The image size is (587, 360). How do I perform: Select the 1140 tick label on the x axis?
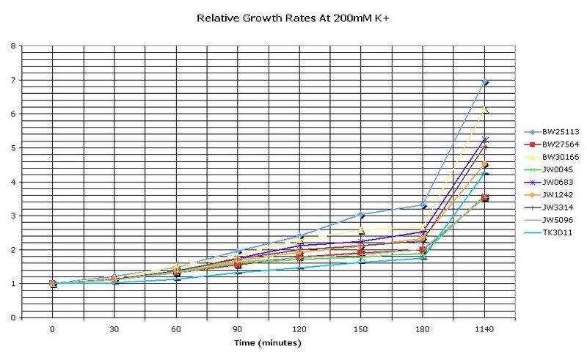(x=484, y=329)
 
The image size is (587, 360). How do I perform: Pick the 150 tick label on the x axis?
(x=361, y=329)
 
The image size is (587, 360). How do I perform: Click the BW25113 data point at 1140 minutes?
(x=484, y=82)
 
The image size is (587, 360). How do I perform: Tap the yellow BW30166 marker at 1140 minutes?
(x=484, y=110)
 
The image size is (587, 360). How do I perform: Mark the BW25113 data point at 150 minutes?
(x=361, y=215)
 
